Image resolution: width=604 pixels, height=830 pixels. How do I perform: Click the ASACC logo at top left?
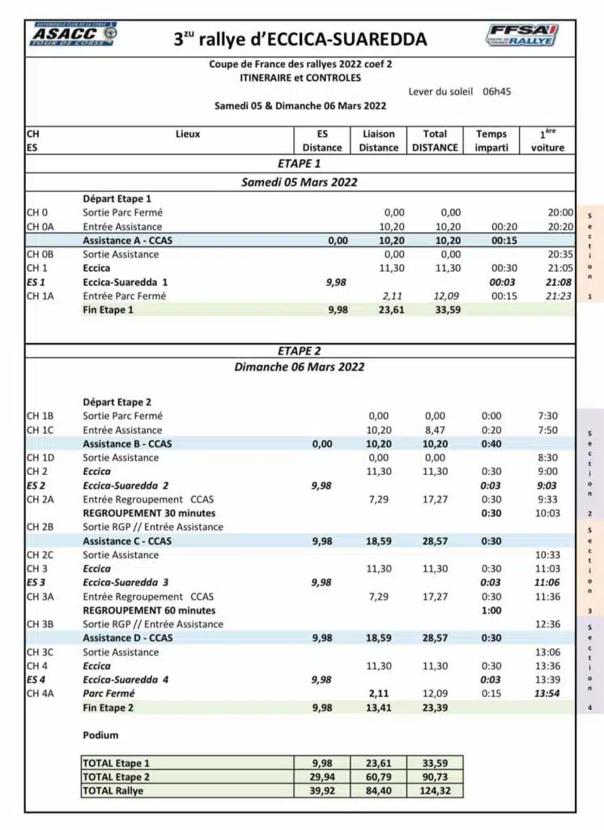pyautogui.click(x=74, y=35)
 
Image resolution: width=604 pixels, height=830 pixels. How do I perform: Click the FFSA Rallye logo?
pyautogui.click(x=522, y=35)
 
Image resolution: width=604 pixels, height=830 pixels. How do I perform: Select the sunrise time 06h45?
pyautogui.click(x=496, y=92)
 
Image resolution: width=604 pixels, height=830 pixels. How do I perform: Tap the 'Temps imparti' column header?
pyautogui.click(x=491, y=141)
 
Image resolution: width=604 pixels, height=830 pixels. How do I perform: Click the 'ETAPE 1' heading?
pyautogui.click(x=300, y=163)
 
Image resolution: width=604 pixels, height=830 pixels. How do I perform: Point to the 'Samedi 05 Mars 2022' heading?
pyautogui.click(x=300, y=182)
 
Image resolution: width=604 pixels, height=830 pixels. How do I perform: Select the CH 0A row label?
pyautogui.click(x=40, y=227)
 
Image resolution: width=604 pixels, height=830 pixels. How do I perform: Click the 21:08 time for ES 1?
pyautogui.click(x=559, y=282)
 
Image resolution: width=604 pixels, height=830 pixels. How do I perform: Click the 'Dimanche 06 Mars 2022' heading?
pyautogui.click(x=300, y=366)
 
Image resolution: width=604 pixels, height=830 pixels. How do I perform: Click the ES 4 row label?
pyautogui.click(x=36, y=679)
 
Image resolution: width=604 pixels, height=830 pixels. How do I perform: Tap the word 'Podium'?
pyautogui.click(x=100, y=735)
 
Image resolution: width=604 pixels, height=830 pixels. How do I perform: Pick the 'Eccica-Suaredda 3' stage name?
pyautogui.click(x=125, y=583)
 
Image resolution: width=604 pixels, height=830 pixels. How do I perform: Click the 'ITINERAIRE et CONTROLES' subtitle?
pyautogui.click(x=300, y=78)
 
